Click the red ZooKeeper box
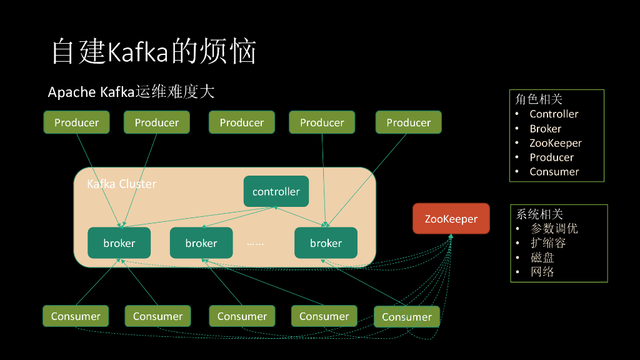click(x=451, y=219)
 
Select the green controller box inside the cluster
click(x=276, y=191)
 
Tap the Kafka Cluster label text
click(x=121, y=184)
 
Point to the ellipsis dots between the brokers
click(x=255, y=243)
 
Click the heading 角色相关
click(x=539, y=99)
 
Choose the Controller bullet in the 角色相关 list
click(x=554, y=114)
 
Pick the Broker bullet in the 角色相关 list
click(x=545, y=129)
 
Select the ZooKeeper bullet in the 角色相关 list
click(x=556, y=143)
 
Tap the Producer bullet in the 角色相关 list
click(x=551, y=157)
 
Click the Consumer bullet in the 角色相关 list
click(x=554, y=172)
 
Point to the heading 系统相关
click(x=539, y=214)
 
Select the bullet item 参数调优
click(x=554, y=229)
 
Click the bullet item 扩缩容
click(x=548, y=243)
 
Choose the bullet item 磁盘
click(x=542, y=257)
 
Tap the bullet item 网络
click(x=542, y=272)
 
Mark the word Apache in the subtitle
click(x=71, y=92)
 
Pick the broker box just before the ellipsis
click(x=201, y=243)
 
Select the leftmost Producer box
click(x=76, y=122)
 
